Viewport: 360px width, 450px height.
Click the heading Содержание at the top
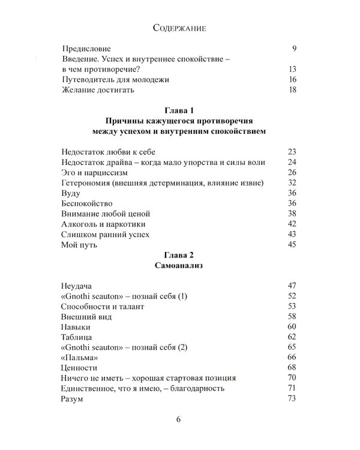(x=179, y=28)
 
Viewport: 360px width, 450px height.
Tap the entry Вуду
(x=71, y=193)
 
